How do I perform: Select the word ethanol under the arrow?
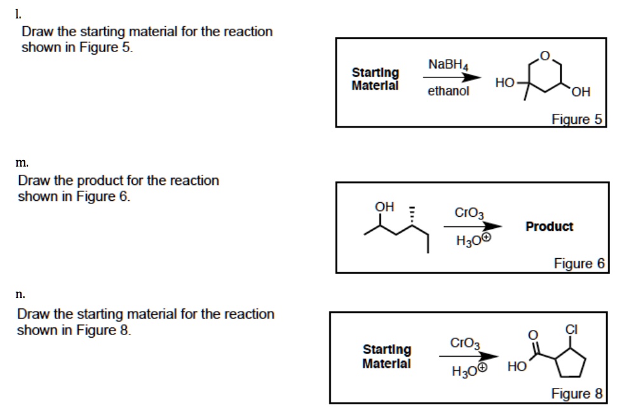coord(449,91)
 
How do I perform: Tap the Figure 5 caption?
coord(576,119)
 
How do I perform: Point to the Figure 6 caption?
coord(579,263)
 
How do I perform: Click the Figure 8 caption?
coord(576,394)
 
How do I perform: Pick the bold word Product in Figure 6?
coord(550,226)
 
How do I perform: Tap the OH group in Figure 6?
coord(384,207)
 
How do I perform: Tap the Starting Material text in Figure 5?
coord(376,79)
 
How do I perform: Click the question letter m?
coord(20,165)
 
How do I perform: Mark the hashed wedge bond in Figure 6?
coord(412,218)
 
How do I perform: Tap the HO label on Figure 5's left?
coord(504,83)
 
